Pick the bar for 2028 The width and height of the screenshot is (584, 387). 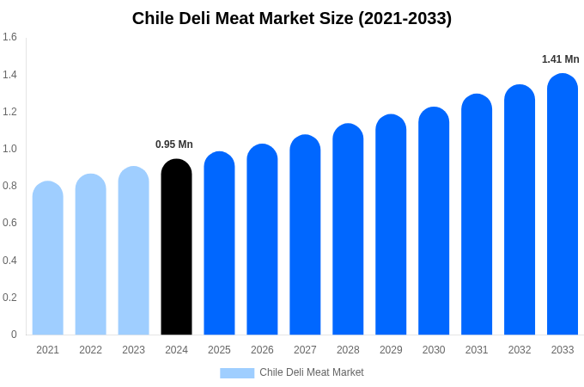tap(348, 230)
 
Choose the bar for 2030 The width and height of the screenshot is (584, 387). tap(434, 221)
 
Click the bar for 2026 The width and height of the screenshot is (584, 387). tap(262, 240)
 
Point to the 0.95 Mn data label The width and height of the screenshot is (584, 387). tap(174, 144)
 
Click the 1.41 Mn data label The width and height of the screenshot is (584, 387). tap(560, 59)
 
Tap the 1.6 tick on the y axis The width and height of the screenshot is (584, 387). tap(9, 37)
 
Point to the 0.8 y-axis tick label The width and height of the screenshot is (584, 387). tap(9, 186)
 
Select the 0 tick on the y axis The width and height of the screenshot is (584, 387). tap(14, 335)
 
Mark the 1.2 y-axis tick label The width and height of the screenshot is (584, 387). tap(9, 112)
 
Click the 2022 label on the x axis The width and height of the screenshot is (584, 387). tap(90, 350)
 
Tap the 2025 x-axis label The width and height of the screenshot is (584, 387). tap(219, 350)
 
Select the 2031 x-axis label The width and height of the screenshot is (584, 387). tap(477, 350)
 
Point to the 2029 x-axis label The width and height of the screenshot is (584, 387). tap(391, 350)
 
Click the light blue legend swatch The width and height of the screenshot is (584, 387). tap(237, 373)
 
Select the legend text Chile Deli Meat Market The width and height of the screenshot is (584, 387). tap(312, 372)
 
